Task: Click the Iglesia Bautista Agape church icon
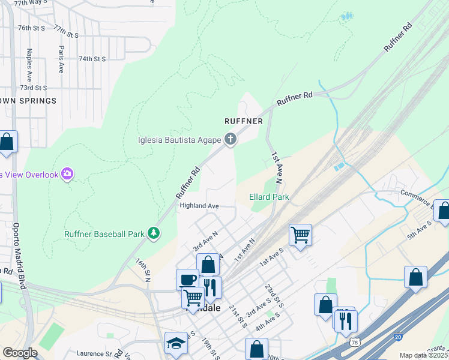click(230, 140)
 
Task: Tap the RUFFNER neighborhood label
click(244, 121)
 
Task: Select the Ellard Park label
click(270, 197)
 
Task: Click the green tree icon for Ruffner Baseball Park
click(154, 233)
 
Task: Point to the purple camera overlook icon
click(67, 174)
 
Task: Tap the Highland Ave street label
click(199, 206)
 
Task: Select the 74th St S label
click(92, 59)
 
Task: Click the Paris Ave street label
click(61, 59)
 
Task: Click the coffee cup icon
click(187, 280)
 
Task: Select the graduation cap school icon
click(176, 343)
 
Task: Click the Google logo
click(20, 353)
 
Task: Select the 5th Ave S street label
click(420, 229)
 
